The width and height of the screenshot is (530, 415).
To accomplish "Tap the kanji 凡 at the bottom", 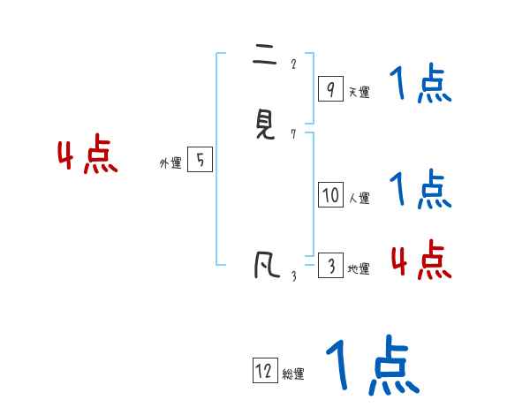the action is click(x=264, y=264).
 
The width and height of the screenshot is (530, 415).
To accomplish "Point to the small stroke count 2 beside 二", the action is click(x=293, y=64).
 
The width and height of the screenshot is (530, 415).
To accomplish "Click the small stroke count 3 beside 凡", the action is click(x=293, y=276).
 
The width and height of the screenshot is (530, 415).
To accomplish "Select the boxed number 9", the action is click(x=330, y=88).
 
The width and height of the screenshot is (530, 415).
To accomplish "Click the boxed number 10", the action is click(x=330, y=195).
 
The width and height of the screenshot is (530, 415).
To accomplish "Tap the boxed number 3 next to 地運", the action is click(x=330, y=266).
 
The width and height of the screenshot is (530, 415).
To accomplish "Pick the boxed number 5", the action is click(x=200, y=160).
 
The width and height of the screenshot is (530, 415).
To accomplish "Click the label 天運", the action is click(x=359, y=92).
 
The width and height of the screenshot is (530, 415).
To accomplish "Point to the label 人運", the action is click(x=360, y=199).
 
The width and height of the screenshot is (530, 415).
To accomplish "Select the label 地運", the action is click(x=359, y=269).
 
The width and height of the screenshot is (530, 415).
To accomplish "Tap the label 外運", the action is click(x=170, y=163).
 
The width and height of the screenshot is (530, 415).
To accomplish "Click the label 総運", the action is click(x=293, y=374).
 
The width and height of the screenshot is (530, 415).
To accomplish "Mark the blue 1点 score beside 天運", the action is click(x=420, y=86).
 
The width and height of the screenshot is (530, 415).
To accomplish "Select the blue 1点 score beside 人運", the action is click(x=420, y=189).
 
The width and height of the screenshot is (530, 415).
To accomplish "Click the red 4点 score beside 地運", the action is click(x=420, y=260).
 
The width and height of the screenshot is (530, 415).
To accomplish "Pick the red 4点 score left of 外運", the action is click(x=87, y=156).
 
